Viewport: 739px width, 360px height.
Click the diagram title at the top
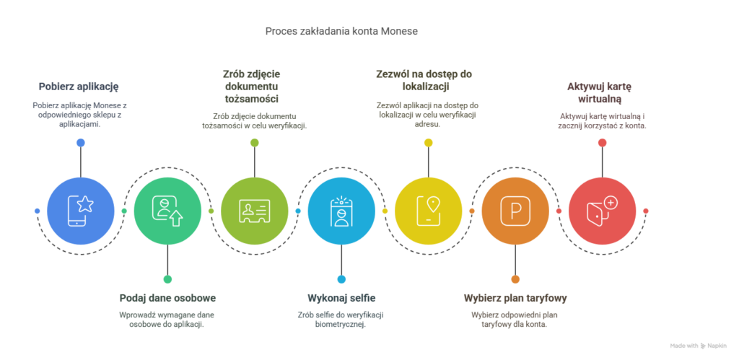(341, 32)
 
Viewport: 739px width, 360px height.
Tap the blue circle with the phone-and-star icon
(80, 211)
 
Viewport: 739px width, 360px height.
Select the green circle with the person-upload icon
(167, 211)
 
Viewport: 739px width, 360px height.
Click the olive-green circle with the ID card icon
(254, 211)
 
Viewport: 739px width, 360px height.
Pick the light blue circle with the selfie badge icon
(341, 211)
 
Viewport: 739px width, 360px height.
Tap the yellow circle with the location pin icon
(428, 211)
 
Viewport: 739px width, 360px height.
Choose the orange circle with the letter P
(515, 211)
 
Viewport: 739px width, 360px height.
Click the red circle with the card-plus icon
(602, 211)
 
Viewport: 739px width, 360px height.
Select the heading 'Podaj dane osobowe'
(167, 297)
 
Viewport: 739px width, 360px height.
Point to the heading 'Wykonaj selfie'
(341, 297)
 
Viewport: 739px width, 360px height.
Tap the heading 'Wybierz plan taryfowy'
(515, 297)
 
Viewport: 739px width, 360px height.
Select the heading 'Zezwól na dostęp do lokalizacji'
(424, 79)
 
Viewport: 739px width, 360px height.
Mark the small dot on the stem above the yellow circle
(428, 143)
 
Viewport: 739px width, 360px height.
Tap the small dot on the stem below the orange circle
(515, 278)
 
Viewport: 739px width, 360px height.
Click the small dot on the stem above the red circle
(602, 143)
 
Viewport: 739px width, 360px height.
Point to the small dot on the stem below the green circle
(167, 278)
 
